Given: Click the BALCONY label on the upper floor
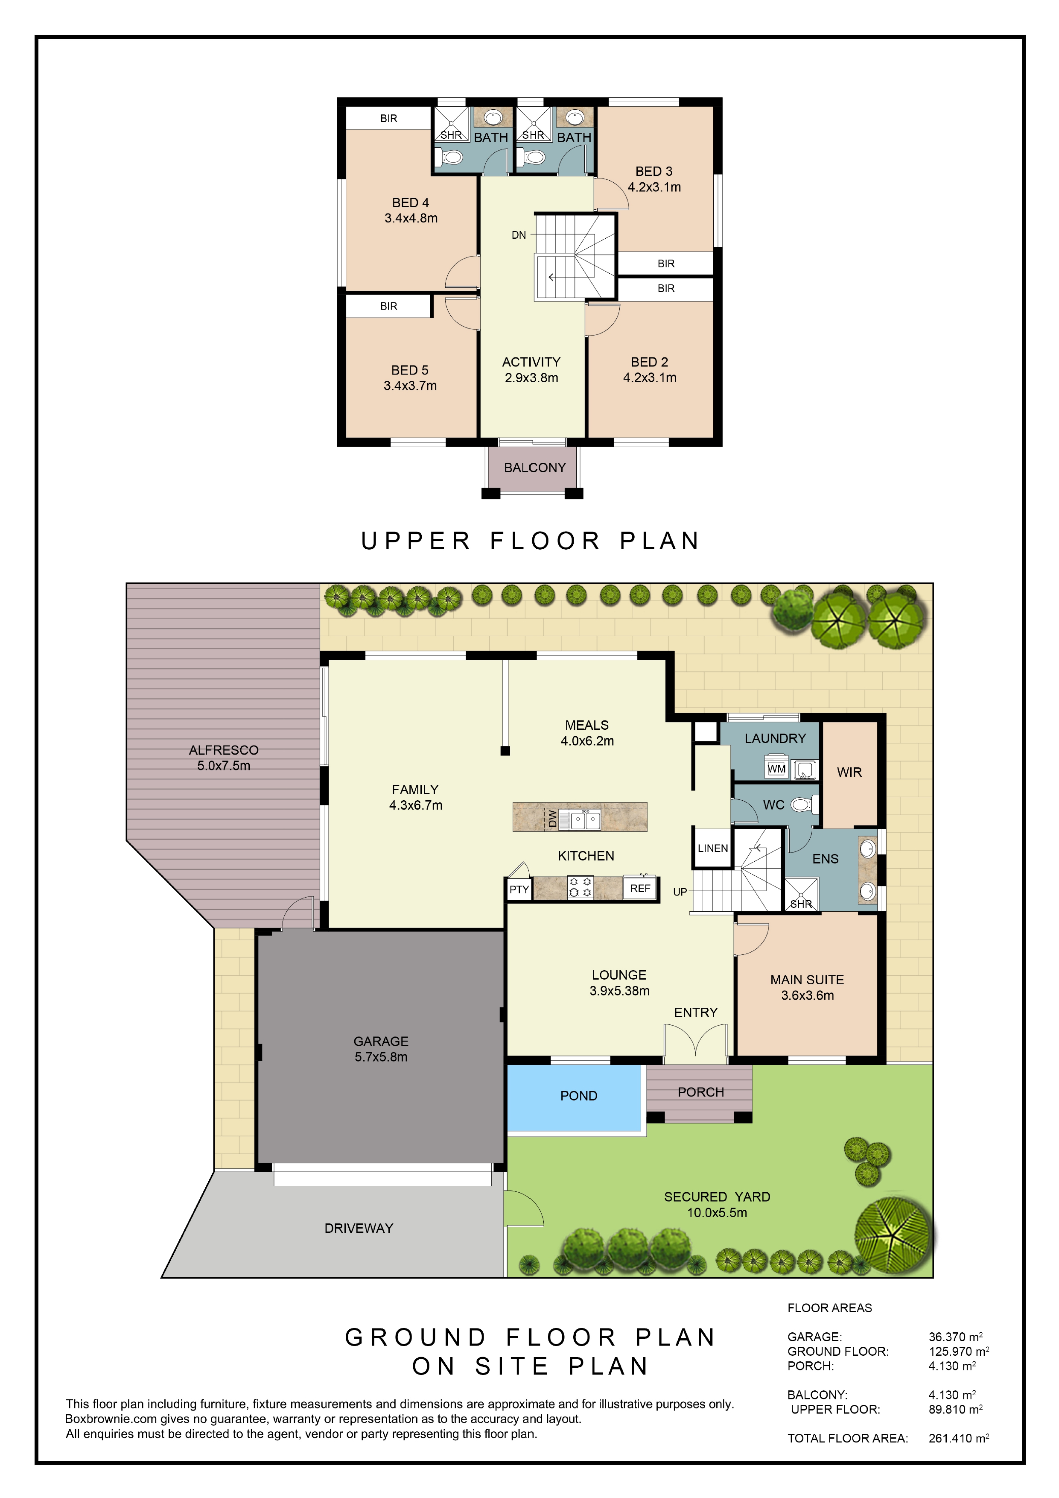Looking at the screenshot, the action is coord(535,468).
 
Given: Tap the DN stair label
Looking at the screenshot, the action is coord(519,235).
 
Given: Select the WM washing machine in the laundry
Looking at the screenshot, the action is coord(776,769).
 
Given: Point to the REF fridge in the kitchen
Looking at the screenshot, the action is coord(640,888).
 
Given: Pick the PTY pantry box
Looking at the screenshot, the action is coord(519,889).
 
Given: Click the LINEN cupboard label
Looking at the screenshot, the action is coord(713,848).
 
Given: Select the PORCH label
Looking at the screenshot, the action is coord(700,1092).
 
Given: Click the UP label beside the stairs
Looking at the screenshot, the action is coord(680,892).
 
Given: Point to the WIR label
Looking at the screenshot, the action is coord(849,772).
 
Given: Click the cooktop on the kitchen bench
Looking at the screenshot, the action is coord(580,887).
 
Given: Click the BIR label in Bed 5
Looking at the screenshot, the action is coord(389,306).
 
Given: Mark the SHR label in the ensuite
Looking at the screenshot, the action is coord(801,904).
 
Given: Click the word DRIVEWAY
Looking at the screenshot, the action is coord(359,1229).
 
